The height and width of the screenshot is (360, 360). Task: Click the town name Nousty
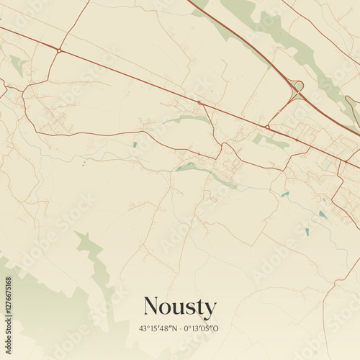179,307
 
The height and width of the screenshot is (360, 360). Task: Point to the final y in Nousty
210,310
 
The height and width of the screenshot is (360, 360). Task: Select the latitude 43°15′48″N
159,329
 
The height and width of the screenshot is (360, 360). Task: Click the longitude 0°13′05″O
202,329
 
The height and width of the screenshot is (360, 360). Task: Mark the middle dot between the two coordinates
180,329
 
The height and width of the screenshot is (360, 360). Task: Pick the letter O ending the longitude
216,329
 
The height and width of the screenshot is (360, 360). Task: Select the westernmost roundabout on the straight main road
58,50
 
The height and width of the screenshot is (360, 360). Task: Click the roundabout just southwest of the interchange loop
267,127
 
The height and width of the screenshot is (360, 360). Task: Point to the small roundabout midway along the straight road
199,103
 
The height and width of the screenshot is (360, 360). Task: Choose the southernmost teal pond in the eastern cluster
307,232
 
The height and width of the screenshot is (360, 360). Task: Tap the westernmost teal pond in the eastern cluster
285,194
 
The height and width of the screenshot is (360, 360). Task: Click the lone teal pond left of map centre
134,145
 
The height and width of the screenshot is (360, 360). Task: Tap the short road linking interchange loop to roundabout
282,108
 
